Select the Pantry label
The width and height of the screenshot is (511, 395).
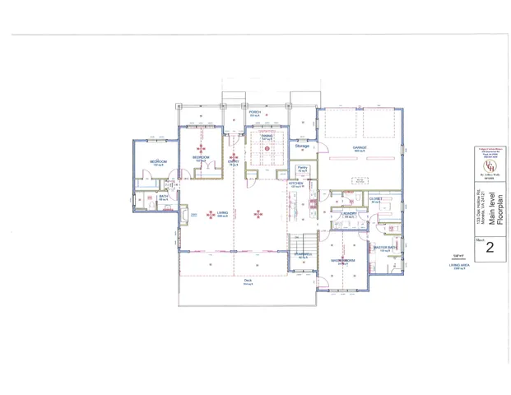click(x=302, y=168)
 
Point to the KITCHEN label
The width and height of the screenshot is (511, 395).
click(x=296, y=184)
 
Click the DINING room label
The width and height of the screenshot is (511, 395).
click(x=267, y=136)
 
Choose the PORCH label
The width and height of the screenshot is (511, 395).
click(x=254, y=113)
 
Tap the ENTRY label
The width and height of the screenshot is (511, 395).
click(x=234, y=161)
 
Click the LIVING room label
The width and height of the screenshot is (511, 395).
click(x=222, y=213)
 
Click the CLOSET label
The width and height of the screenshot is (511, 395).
click(x=375, y=198)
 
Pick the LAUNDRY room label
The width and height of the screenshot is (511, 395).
click(x=349, y=214)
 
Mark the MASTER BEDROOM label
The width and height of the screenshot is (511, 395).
click(x=343, y=260)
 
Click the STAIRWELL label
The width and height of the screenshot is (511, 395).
click(x=303, y=254)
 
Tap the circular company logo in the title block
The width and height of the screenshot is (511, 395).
click(x=489, y=164)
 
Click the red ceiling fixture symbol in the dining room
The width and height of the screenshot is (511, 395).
click(x=267, y=147)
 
